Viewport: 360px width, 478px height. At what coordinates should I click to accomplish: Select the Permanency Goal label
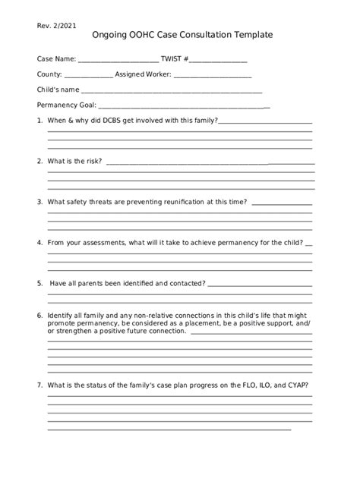click(66, 105)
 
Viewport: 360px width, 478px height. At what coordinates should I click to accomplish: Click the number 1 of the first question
click(39, 121)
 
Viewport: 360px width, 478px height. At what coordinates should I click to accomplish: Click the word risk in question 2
click(92, 162)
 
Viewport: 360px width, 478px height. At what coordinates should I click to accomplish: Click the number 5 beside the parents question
click(39, 284)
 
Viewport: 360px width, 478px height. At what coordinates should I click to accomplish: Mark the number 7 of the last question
click(39, 385)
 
